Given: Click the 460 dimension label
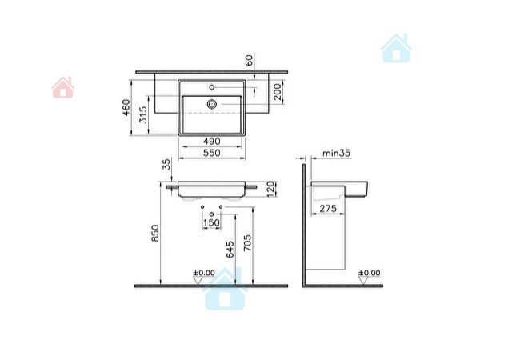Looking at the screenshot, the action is click(x=126, y=107).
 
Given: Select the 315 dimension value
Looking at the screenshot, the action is click(x=143, y=115).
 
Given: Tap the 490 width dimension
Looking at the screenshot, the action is click(x=212, y=142).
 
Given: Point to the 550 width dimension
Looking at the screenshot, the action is click(x=212, y=153).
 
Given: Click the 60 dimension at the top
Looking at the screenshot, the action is click(x=249, y=60).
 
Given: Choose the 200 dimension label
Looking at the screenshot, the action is click(x=278, y=92).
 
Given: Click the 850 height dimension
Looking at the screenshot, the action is click(x=155, y=233).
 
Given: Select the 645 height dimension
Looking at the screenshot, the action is click(x=230, y=250).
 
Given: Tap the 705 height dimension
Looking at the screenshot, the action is click(x=248, y=242).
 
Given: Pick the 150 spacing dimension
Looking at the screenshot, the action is click(x=211, y=223).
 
